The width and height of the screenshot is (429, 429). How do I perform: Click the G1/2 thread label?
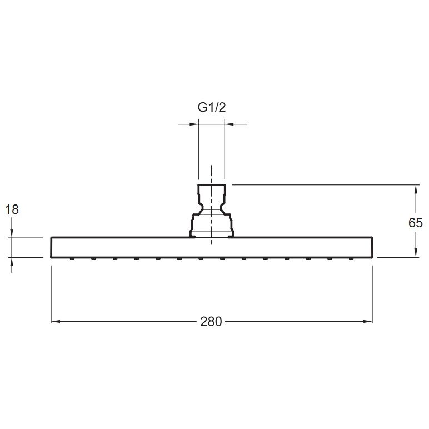pyautogui.click(x=212, y=108)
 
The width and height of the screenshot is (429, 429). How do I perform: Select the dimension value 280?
pyautogui.click(x=211, y=322)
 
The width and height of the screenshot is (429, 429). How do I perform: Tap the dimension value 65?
pyautogui.click(x=416, y=223)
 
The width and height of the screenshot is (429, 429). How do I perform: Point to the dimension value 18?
pyautogui.click(x=12, y=209)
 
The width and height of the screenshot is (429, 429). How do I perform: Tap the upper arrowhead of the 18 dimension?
pyautogui.click(x=12, y=233)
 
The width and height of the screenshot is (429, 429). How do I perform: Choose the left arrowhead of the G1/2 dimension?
pyautogui.click(x=195, y=124)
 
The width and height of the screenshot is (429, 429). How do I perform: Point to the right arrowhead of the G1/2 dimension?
pyautogui.click(x=228, y=124)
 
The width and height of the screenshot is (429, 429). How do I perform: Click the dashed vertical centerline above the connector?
pyautogui.click(x=211, y=173)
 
